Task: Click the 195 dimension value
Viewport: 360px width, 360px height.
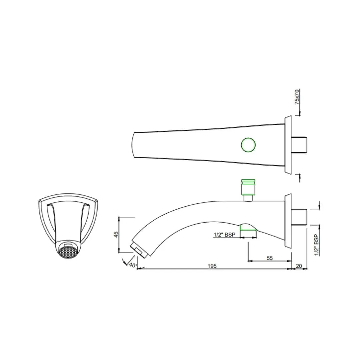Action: tap(212, 266)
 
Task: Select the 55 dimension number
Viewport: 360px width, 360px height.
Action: tap(270, 258)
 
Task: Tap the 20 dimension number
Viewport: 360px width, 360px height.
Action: tap(299, 266)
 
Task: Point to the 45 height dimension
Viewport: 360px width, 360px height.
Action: tap(116, 234)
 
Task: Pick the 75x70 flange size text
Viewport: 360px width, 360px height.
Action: tap(297, 97)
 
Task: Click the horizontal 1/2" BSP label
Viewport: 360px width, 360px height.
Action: tap(224, 235)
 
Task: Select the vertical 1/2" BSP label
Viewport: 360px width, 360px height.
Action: tap(317, 245)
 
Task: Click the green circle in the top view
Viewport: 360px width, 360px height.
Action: tap(248, 145)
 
